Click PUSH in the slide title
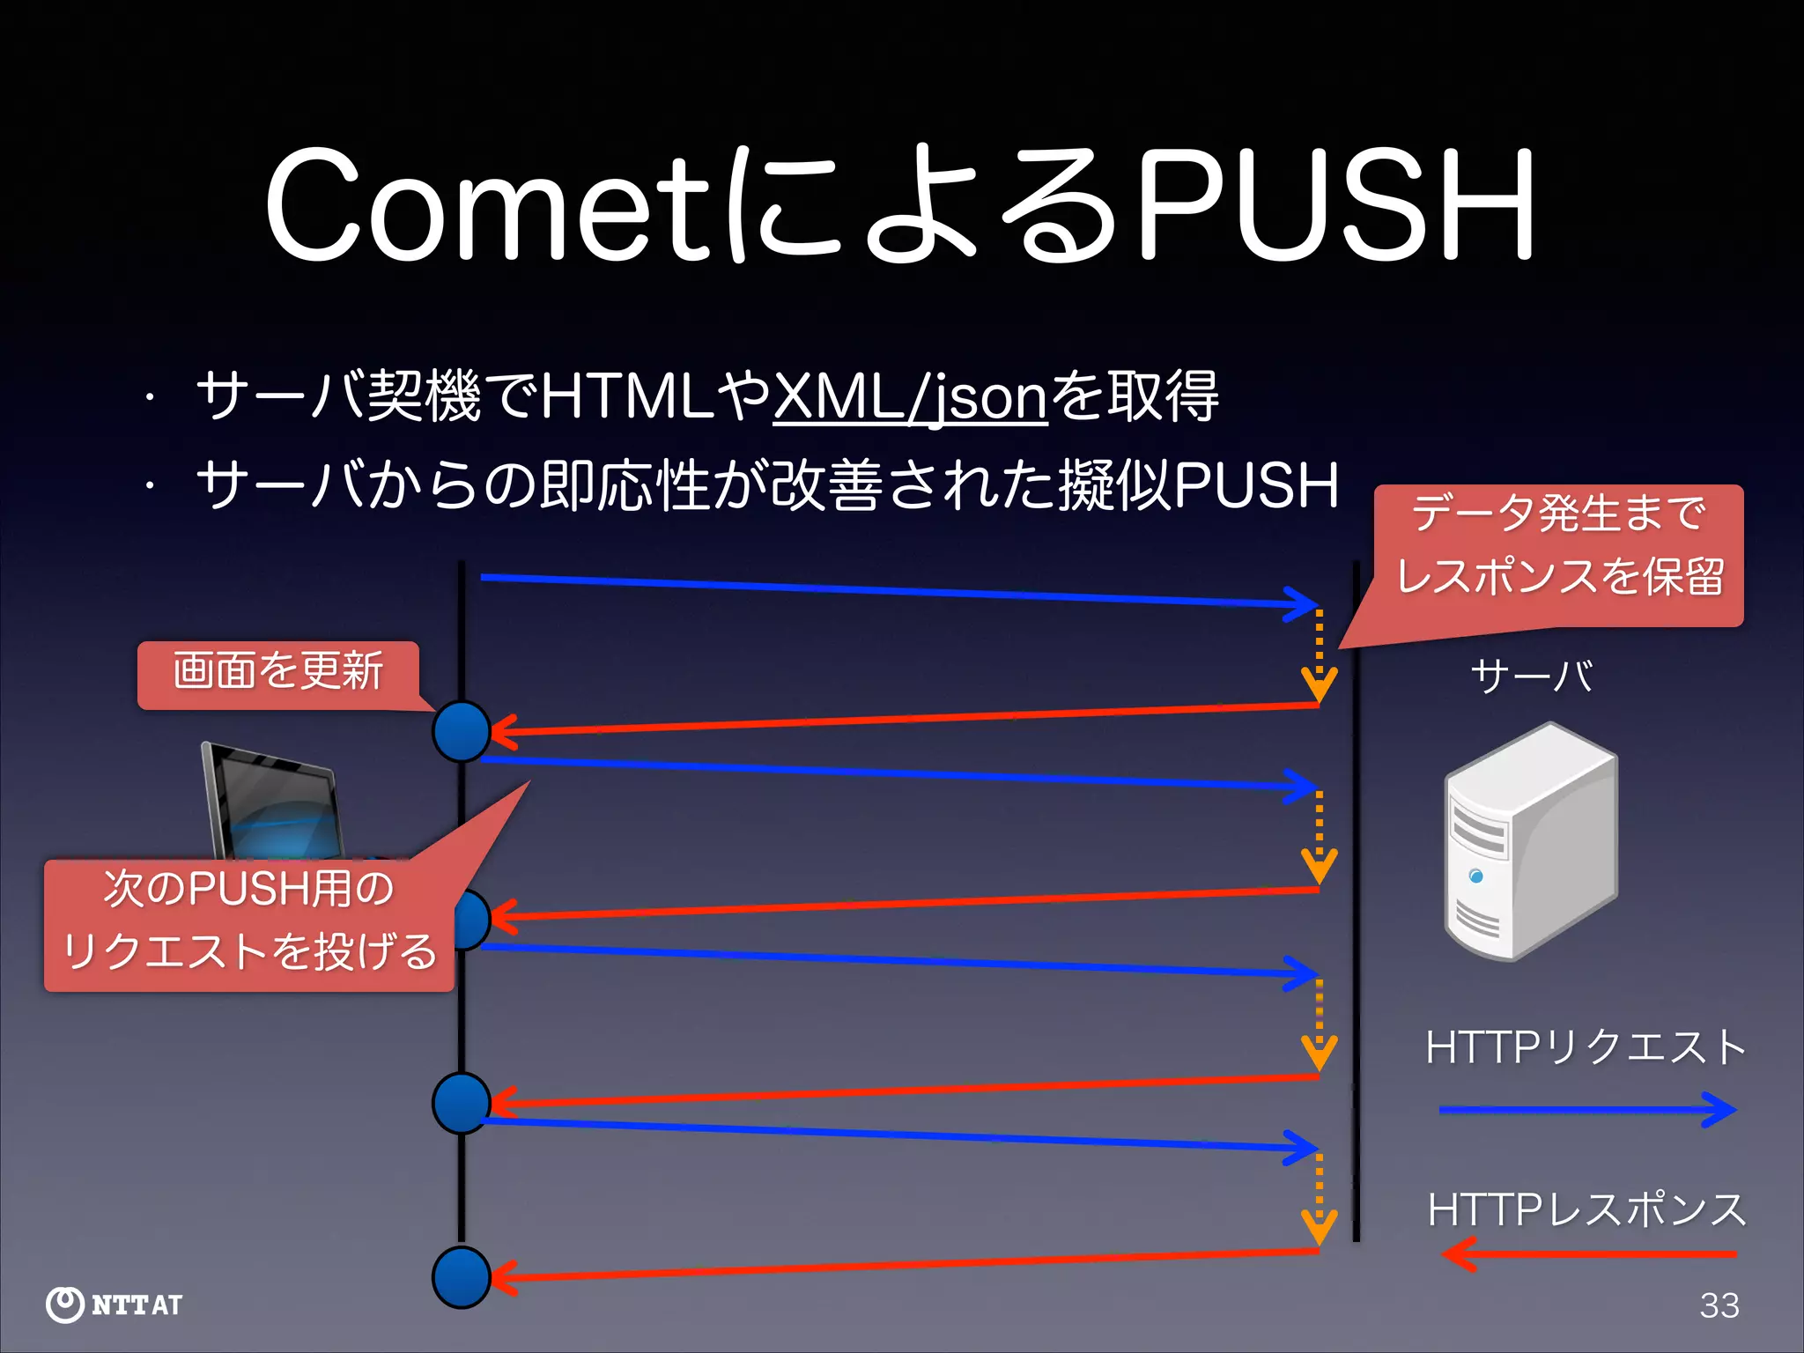pos(1335,207)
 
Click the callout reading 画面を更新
pos(277,673)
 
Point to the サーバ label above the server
pos(1531,676)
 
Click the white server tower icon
pos(1531,841)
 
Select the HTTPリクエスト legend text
pos(1586,1048)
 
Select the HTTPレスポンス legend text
pos(1586,1209)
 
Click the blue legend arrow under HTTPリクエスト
pos(1586,1110)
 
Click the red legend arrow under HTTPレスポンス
pos(1586,1253)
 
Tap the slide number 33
pos(1719,1305)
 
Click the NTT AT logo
pos(115,1305)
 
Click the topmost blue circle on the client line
pos(462,731)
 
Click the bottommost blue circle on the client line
pos(462,1277)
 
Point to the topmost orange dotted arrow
pos(1319,656)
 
